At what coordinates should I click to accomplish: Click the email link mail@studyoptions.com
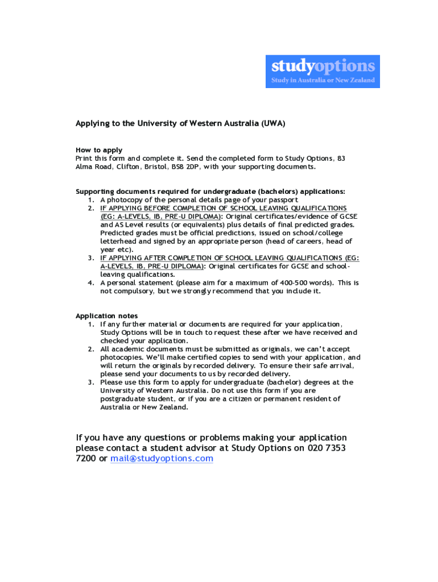click(x=162, y=459)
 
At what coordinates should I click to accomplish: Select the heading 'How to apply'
click(x=99, y=150)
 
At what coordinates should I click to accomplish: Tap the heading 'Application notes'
click(x=106, y=316)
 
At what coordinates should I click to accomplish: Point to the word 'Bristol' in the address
click(x=154, y=167)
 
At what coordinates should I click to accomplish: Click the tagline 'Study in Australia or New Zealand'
click(x=323, y=80)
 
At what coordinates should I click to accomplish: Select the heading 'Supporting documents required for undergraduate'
click(x=165, y=192)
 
